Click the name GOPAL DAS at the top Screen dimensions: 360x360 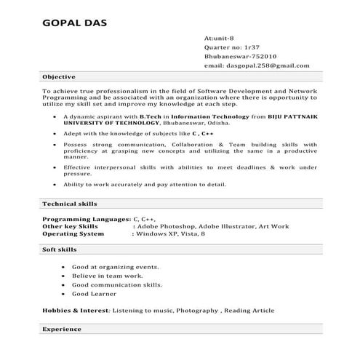[x=76, y=22]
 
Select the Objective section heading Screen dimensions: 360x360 [x=57, y=76]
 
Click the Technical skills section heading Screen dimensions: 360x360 [x=69, y=204]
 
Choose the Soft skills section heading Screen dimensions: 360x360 [x=60, y=250]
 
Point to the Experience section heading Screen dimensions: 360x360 [x=61, y=329]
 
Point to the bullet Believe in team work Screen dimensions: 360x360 [x=106, y=276]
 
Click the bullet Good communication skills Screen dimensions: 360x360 [x=117, y=285]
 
